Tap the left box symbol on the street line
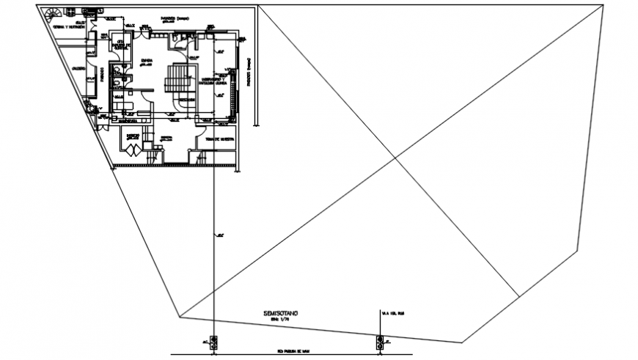point(213,341)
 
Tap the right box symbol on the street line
point(380,341)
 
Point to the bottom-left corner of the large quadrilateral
point(179,318)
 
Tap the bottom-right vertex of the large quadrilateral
point(463,342)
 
